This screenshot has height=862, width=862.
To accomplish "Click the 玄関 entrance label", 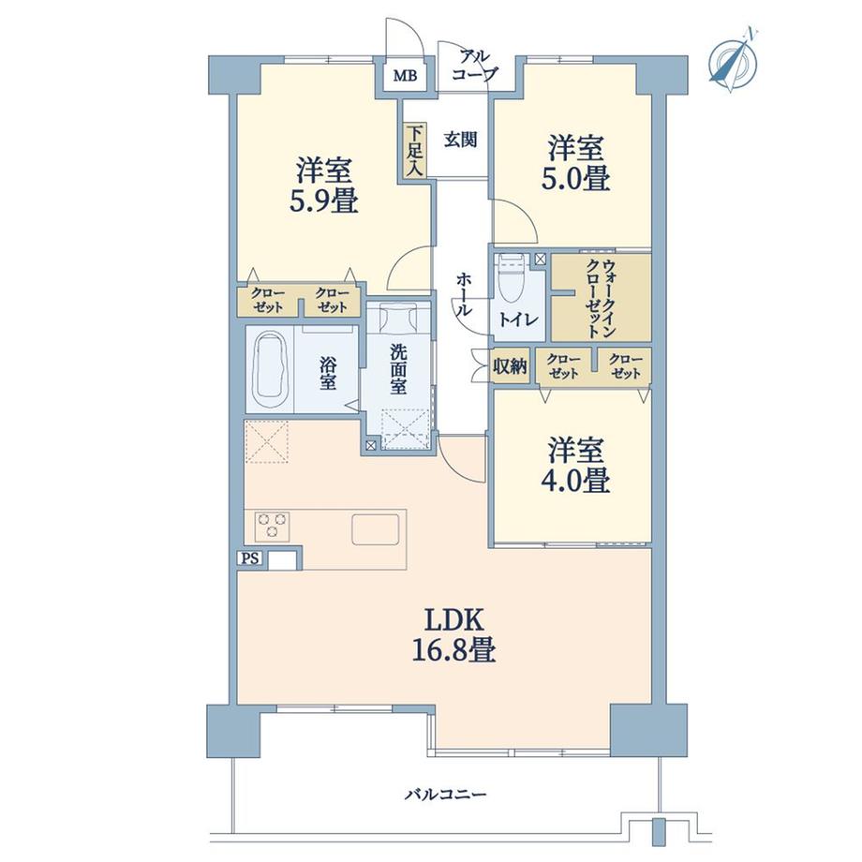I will (460, 141).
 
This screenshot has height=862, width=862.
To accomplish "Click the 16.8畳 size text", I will (455, 649).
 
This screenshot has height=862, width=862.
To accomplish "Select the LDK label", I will (455, 619).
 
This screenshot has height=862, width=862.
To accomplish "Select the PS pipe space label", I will (249, 558).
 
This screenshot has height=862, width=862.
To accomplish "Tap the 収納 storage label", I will (511, 366).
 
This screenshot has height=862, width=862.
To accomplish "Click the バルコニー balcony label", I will (445, 795).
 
